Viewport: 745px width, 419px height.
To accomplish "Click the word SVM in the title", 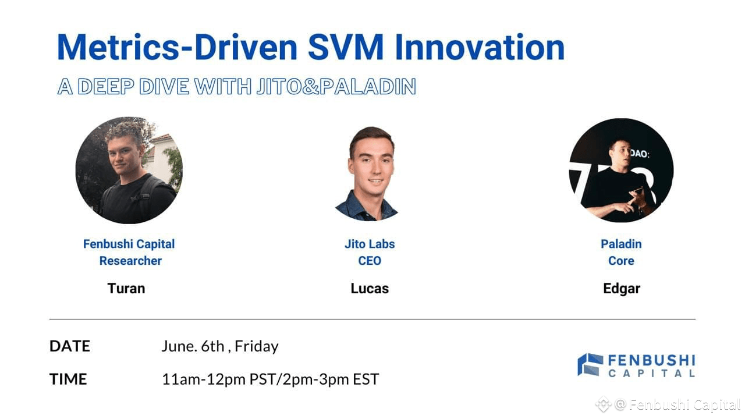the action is (346, 47).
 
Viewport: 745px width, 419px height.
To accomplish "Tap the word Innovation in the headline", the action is (480, 47).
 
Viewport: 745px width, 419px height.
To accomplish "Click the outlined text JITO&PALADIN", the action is (336, 87).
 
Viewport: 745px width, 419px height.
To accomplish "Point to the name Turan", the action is (126, 288).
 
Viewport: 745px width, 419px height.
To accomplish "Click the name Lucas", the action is (370, 288).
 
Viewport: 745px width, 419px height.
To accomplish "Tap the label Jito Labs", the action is (370, 244).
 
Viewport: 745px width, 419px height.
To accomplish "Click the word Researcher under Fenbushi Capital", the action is (130, 261).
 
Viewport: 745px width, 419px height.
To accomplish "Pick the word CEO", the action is (370, 261).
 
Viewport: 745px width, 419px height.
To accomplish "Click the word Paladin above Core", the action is (621, 244).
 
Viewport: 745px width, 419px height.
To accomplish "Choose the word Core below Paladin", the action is (621, 261).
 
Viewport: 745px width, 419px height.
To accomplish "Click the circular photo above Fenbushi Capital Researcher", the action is (129, 170).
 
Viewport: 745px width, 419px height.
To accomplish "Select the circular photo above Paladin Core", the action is (621, 170).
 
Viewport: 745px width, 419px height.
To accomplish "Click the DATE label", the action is (69, 346).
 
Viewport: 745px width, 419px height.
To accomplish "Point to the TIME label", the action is (68, 379).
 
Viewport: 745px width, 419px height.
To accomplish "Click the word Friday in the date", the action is (257, 346).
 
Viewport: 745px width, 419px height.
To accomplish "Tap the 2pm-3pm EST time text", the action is (331, 379).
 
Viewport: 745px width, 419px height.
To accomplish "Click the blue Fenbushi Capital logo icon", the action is (590, 364).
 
